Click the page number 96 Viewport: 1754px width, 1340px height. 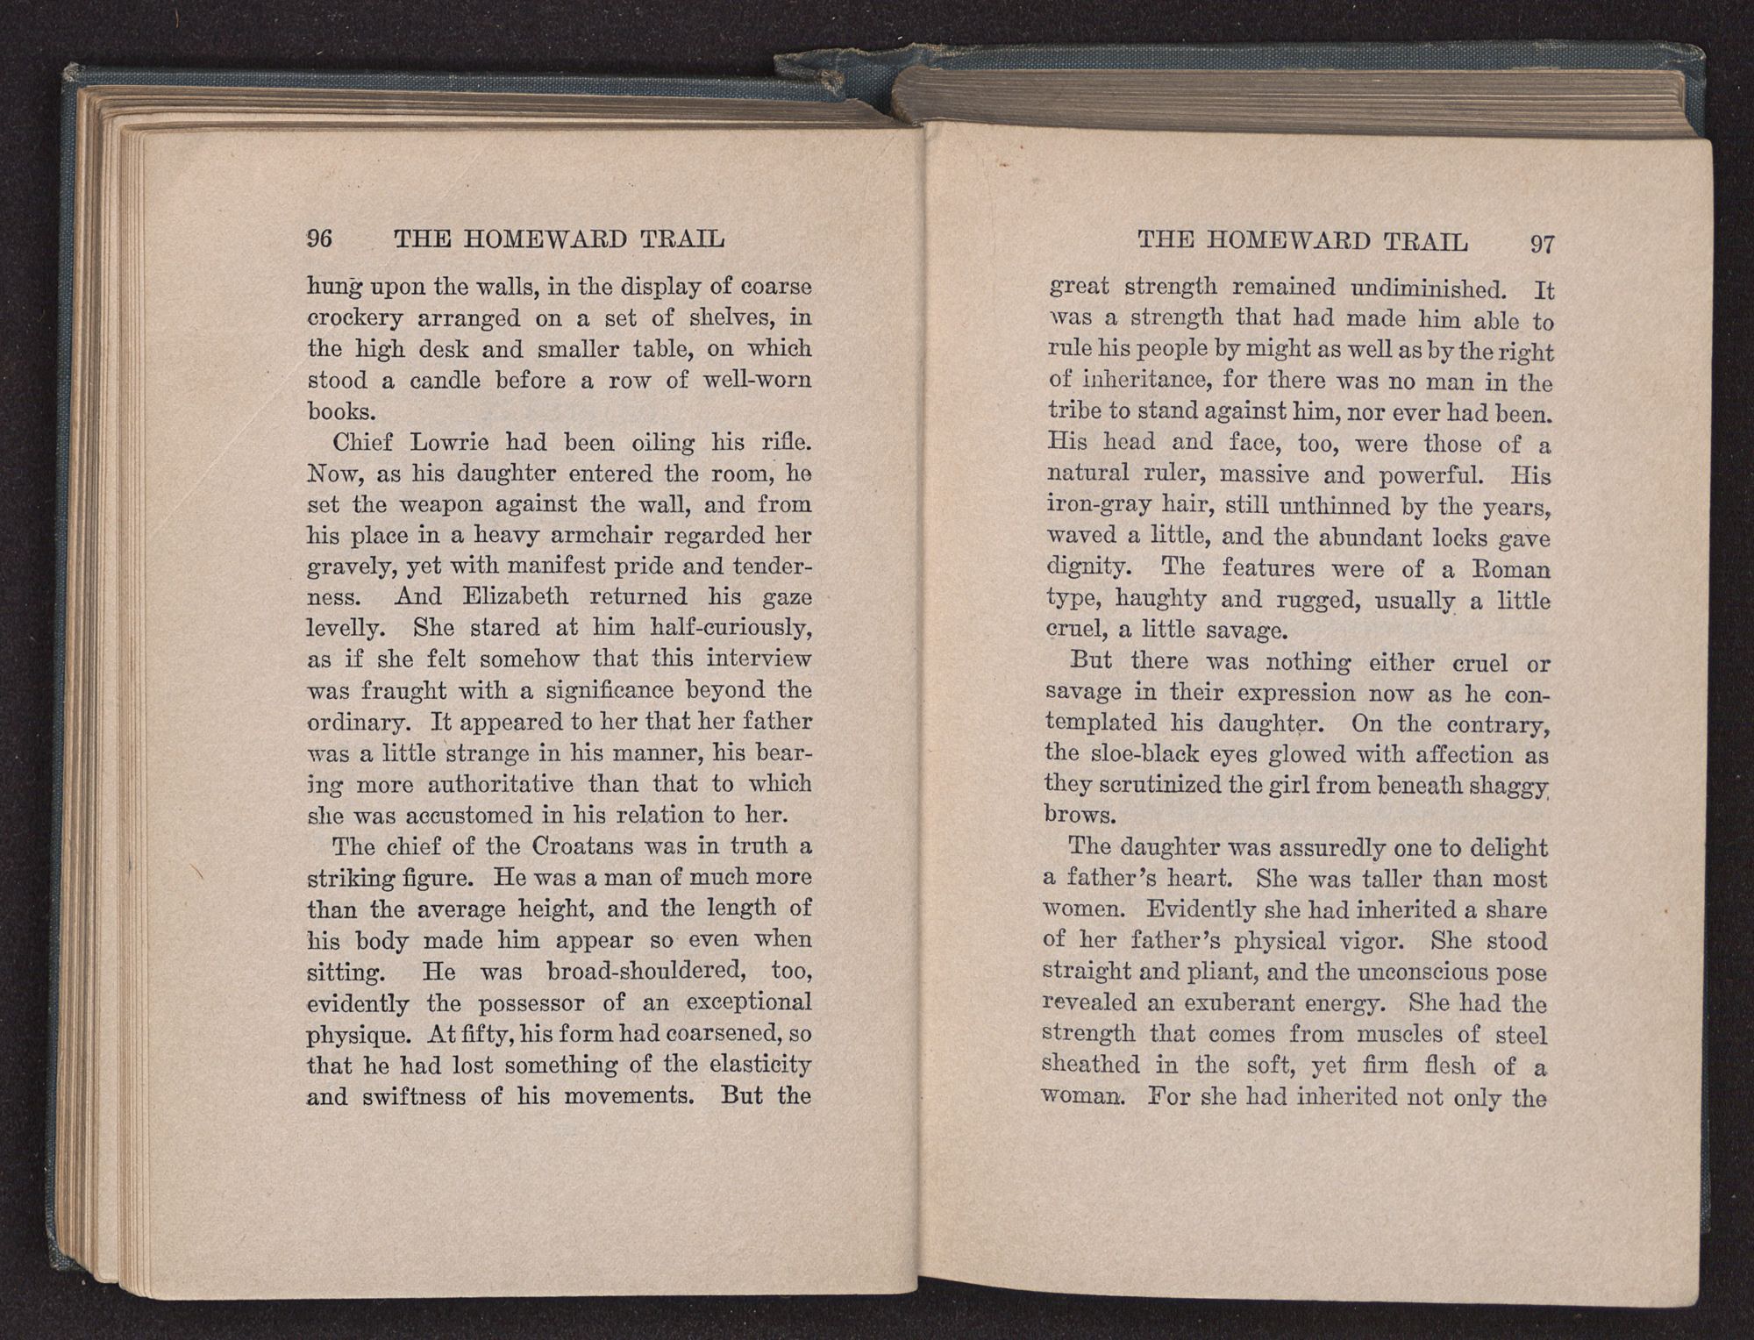pos(320,239)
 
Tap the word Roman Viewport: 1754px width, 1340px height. pos(1513,570)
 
